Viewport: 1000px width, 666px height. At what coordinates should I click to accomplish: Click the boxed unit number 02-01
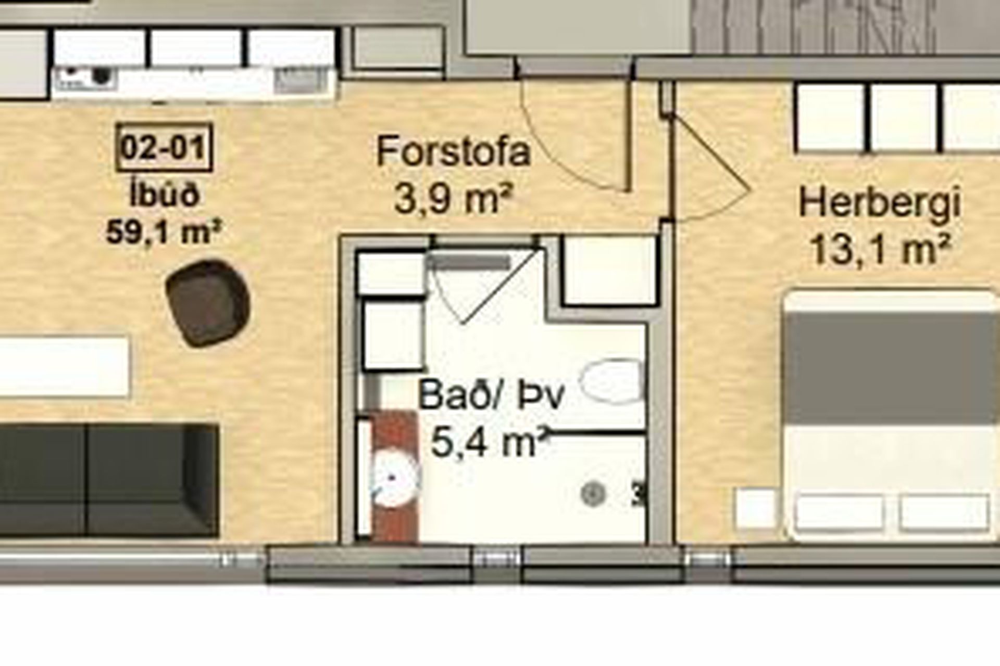164,147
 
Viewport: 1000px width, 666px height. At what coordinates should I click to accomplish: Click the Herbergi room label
879,204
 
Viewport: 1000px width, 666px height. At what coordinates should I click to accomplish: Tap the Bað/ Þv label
491,395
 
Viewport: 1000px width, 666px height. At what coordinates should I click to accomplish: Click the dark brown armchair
208,304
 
